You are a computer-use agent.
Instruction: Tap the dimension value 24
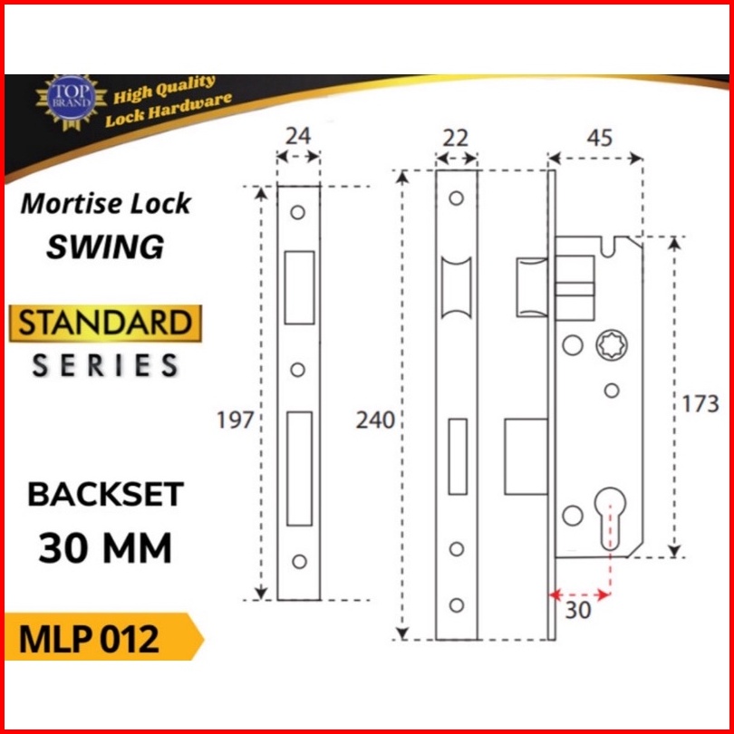[x=297, y=136]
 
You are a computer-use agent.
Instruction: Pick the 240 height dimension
[x=376, y=420]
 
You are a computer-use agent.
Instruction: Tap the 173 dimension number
[x=701, y=403]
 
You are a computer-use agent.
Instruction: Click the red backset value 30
[x=578, y=611]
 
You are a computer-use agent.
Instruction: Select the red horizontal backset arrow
[x=580, y=594]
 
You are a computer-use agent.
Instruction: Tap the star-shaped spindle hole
[x=608, y=346]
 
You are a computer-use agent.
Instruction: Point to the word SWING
[x=105, y=246]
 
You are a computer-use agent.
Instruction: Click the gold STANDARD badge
[x=104, y=324]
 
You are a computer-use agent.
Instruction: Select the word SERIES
[x=105, y=365]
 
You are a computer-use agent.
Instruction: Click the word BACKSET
[x=105, y=495]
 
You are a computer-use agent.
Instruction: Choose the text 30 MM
[x=105, y=546]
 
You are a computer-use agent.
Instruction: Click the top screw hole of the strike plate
[x=297, y=213]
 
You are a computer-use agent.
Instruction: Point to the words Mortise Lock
[x=105, y=203]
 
